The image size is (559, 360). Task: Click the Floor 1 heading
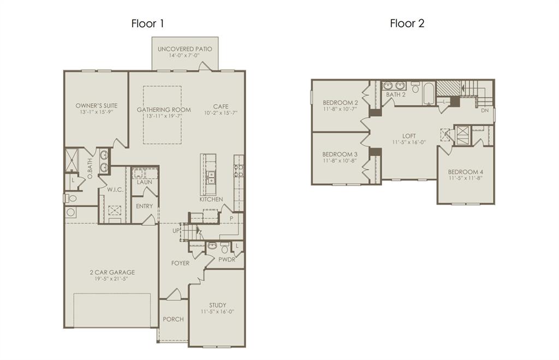pos(147,23)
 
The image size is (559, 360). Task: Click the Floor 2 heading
pos(407,23)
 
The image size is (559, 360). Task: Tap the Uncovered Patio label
pos(185,49)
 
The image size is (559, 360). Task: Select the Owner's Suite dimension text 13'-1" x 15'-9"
pos(96,112)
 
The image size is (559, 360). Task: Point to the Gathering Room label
pos(164,110)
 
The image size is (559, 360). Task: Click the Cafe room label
pos(221,106)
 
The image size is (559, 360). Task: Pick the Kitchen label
pos(211,200)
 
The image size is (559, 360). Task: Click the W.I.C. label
pos(114,190)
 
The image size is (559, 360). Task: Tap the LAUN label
pos(144,182)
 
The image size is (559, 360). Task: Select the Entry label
pos(144,206)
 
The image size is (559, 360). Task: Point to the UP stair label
pos(175,231)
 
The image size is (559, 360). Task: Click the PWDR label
pos(227,260)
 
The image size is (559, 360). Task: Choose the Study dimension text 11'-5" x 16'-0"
pos(217,312)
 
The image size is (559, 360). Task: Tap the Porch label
pos(173,319)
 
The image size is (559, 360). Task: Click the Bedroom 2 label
pos(340,103)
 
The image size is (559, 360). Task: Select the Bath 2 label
pos(396,94)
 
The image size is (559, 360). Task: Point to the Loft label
pos(409,136)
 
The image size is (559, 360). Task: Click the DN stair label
pos(485,110)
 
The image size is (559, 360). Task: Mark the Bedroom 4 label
pos(466,172)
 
